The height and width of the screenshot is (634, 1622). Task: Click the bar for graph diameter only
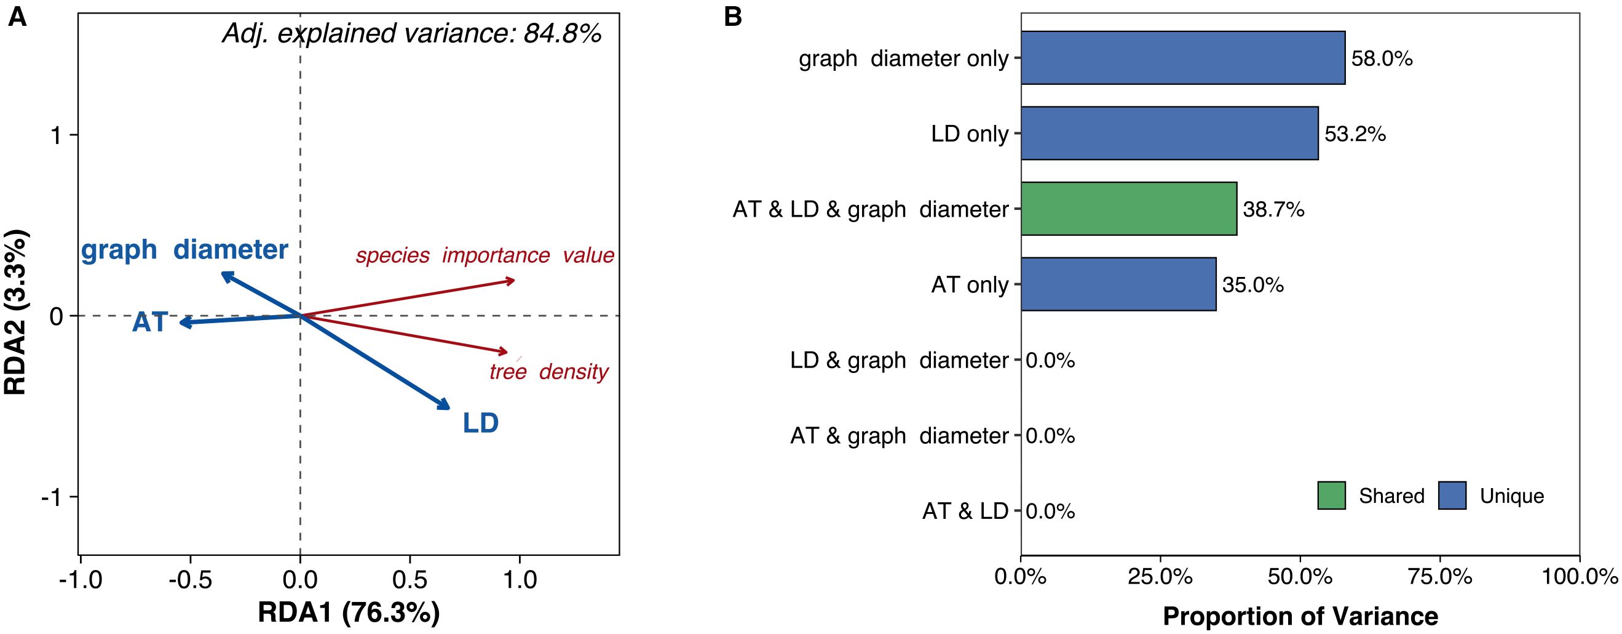(1182, 58)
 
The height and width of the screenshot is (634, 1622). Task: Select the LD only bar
(1169, 134)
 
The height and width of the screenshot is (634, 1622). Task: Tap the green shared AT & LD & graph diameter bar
(1128, 209)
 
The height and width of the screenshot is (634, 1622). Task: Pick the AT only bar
(1118, 284)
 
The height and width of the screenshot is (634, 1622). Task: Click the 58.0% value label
(1382, 58)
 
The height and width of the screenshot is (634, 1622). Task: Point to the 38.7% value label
(1273, 209)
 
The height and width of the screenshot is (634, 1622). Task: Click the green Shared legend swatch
(1331, 496)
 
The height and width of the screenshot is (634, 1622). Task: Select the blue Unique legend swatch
(1452, 496)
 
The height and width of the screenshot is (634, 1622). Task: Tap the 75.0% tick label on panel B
(1440, 577)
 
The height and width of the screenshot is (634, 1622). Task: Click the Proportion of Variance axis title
(1300, 616)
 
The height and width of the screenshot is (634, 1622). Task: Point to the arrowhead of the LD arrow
(446, 406)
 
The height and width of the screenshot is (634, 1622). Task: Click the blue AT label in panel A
(150, 322)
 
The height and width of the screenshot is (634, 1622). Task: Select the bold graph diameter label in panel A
(184, 249)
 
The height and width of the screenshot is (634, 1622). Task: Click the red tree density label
(548, 371)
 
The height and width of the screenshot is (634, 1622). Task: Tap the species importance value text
(485, 255)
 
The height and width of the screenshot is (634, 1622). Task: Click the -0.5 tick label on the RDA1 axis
(190, 579)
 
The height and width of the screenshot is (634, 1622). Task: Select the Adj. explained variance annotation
(412, 33)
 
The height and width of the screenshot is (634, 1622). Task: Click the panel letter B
(733, 17)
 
